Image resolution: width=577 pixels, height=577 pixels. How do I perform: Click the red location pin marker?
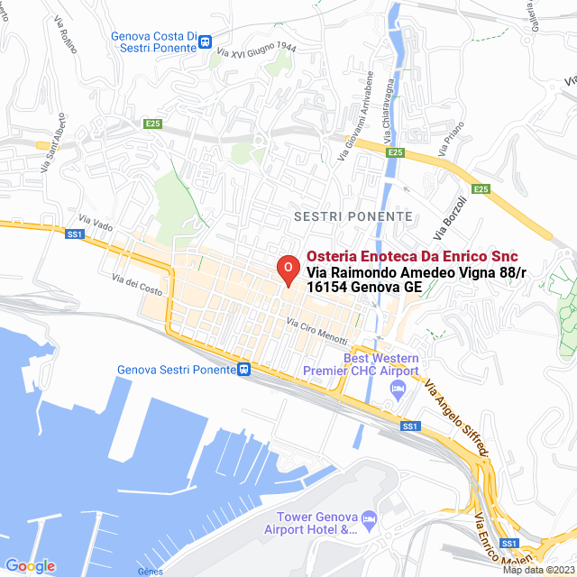tap(287, 270)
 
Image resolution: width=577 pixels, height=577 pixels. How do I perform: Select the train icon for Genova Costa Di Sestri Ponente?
tap(206, 41)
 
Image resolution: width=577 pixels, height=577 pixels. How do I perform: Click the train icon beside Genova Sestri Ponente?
tap(243, 369)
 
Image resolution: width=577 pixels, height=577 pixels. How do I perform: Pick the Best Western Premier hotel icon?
tap(398, 388)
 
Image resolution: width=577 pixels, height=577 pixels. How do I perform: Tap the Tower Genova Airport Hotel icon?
tap(368, 517)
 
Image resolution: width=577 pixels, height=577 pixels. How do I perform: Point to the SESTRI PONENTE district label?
tap(353, 217)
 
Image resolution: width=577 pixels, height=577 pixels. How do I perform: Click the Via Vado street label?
tap(96, 222)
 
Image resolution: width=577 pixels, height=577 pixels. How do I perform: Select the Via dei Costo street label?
tap(138, 284)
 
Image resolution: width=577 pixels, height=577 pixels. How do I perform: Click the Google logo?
tap(30, 566)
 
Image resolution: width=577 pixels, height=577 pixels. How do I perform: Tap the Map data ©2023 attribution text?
tap(538, 570)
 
